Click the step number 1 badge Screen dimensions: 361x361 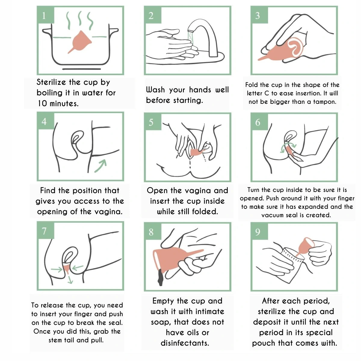tap(46, 16)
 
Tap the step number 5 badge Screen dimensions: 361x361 tap(153, 122)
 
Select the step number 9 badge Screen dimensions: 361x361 tap(260, 232)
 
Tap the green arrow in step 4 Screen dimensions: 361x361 tap(100, 165)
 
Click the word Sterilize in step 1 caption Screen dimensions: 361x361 tap(51, 82)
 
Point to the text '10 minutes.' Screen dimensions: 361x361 tap(58, 103)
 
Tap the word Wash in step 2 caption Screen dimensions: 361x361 tap(155, 90)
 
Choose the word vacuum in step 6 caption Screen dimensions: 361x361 tap(273, 215)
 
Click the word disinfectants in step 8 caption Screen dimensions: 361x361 tap(184, 343)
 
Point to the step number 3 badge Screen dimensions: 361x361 tap(260, 16)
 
